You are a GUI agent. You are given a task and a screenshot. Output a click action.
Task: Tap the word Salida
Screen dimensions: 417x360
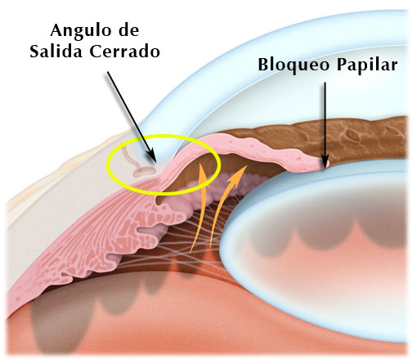click(x=56, y=51)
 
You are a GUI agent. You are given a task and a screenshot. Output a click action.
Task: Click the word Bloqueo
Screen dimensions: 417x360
click(x=294, y=65)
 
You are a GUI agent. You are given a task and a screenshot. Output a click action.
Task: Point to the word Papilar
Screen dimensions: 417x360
click(x=366, y=65)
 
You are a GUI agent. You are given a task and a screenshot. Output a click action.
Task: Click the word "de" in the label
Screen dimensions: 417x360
click(x=129, y=30)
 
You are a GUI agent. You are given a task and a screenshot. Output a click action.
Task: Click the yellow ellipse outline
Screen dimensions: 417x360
click(x=164, y=136)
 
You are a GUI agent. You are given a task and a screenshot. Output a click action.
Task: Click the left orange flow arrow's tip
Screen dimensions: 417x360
click(x=201, y=164)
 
